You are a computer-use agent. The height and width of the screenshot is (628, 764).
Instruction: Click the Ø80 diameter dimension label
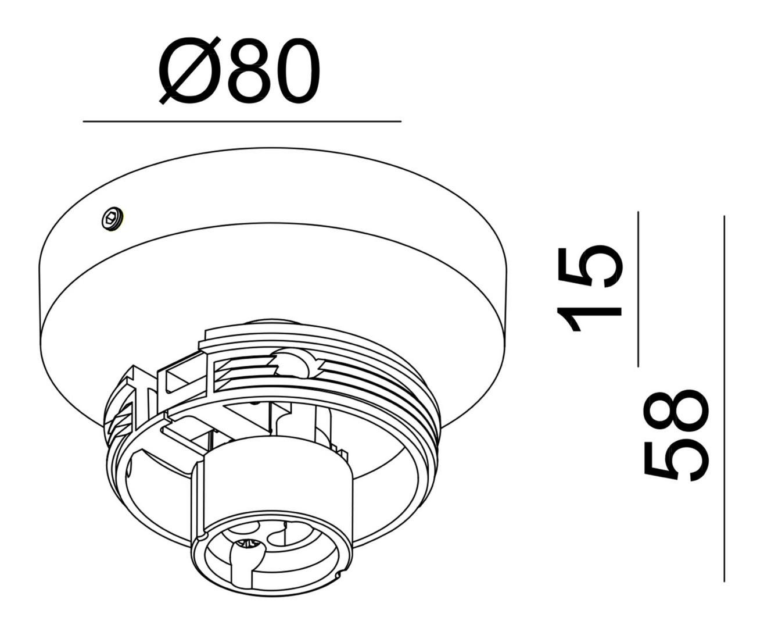(x=239, y=71)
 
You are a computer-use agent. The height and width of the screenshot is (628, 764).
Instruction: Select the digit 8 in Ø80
(x=250, y=71)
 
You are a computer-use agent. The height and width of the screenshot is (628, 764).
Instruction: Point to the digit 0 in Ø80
(x=297, y=71)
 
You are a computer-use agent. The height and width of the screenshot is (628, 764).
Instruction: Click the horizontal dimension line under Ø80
(x=242, y=122)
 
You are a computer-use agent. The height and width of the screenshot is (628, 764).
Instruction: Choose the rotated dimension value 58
(x=677, y=435)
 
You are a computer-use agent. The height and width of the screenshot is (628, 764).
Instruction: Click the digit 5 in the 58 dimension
(x=677, y=461)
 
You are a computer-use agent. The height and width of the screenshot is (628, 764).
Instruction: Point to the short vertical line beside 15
(x=638, y=289)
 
